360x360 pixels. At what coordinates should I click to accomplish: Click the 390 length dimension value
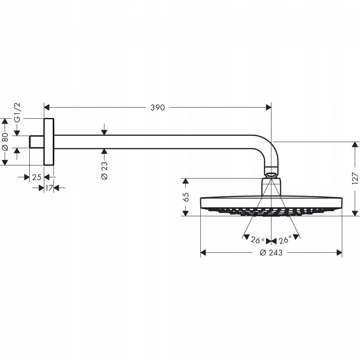pos(158,107)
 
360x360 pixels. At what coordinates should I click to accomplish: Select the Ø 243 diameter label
pos(271,253)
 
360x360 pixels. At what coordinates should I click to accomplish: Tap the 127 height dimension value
pos(355,178)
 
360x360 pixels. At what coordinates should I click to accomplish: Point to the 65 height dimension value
pos(186,197)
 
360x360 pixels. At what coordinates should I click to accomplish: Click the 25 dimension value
pos(37,177)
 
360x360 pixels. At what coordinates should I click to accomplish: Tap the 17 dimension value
pos(49,188)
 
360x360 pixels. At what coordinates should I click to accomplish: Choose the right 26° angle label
pos(285,240)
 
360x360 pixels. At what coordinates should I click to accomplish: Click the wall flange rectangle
pos(49,142)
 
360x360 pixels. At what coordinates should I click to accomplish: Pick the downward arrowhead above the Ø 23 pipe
pos(104,132)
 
